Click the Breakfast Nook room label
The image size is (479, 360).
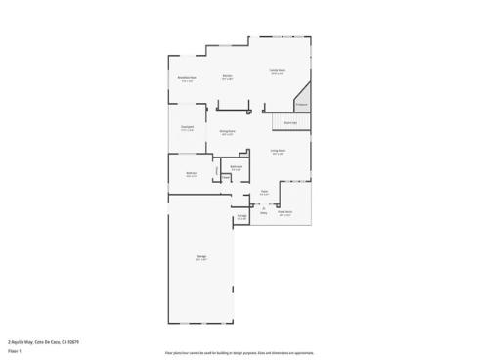pyautogui.click(x=189, y=78)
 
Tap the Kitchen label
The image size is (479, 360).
pyautogui.click(x=227, y=76)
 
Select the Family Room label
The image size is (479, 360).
pyautogui.click(x=278, y=70)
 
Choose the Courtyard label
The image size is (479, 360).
pyautogui.click(x=187, y=127)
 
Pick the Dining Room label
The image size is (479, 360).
pyautogui.click(x=227, y=132)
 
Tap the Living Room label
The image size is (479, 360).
pyautogui.click(x=278, y=152)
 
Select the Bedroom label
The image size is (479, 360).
pyautogui.click(x=192, y=175)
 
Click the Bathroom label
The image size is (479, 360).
pyautogui.click(x=237, y=167)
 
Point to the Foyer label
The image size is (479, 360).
pyautogui.click(x=264, y=192)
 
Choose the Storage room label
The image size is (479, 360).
pyautogui.click(x=241, y=217)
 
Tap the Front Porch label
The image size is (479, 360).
pyautogui.click(x=285, y=213)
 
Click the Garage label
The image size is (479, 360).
pyautogui.click(x=201, y=258)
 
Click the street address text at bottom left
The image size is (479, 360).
pyautogui.click(x=43, y=341)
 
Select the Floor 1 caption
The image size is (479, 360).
pyautogui.click(x=15, y=350)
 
